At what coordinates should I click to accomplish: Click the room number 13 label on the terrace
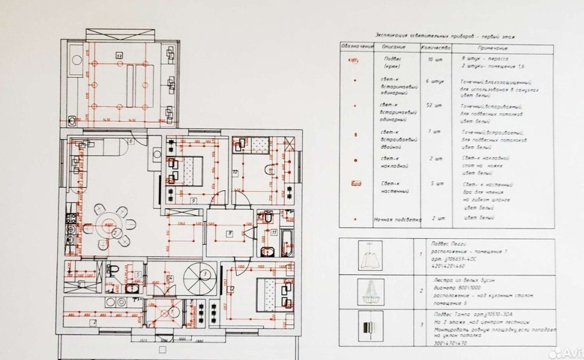point(119,55)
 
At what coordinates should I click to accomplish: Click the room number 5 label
point(137,274)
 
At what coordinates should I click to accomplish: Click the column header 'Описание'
point(394,47)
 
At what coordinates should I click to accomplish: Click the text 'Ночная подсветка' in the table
point(397,219)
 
